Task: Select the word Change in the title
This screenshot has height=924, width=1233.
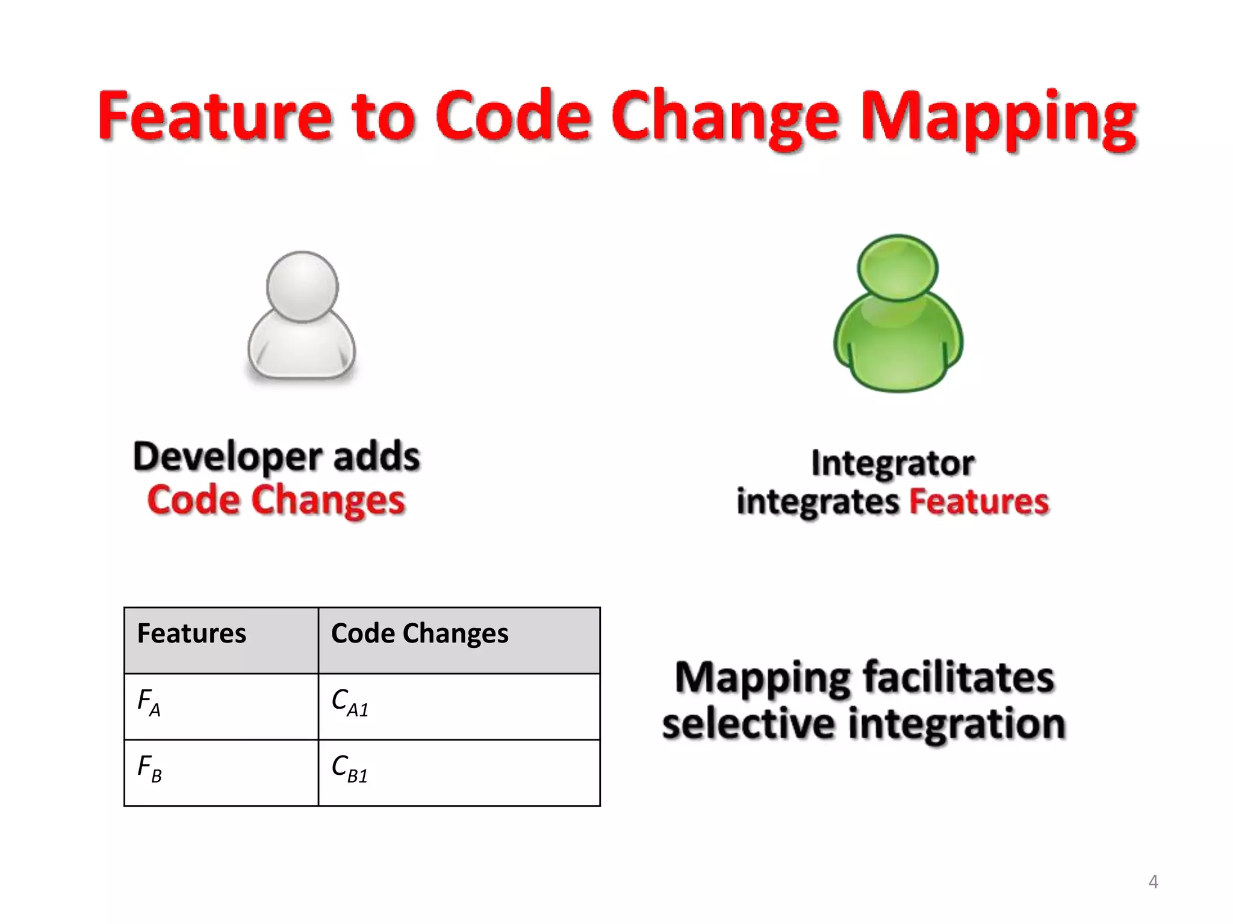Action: tap(725, 117)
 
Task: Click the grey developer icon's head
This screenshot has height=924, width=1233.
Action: tap(302, 287)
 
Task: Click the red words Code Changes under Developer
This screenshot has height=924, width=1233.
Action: tap(276, 500)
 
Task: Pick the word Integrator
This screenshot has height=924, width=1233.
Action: tap(892, 463)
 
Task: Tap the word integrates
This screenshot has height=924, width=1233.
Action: tap(818, 502)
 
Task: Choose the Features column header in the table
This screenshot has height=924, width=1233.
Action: tap(191, 633)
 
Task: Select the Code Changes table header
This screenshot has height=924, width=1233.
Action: tap(420, 633)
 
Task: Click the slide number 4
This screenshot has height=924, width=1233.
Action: tap(1153, 882)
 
